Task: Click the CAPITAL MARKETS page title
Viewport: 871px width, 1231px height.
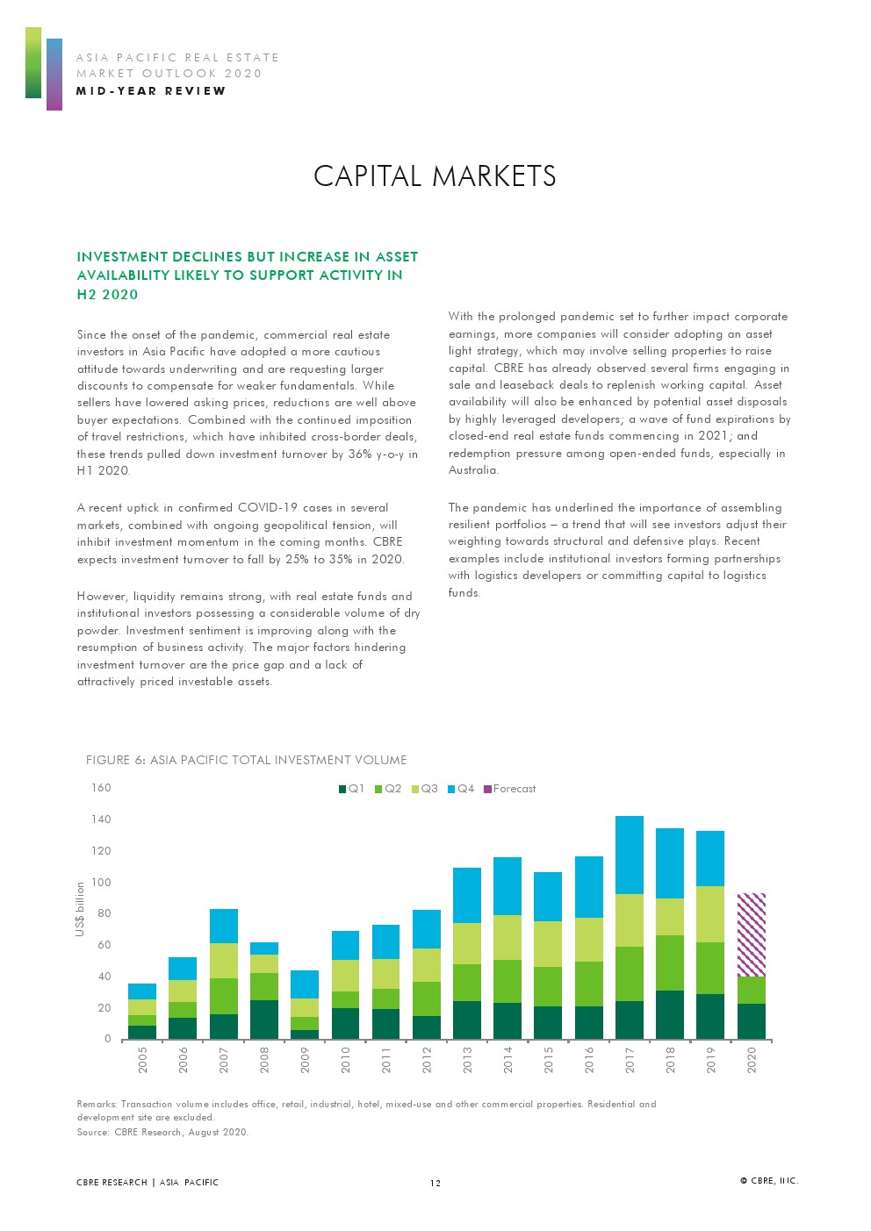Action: pos(435,176)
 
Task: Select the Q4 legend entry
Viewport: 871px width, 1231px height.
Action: pos(461,789)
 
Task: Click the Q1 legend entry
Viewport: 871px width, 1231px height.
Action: pos(352,789)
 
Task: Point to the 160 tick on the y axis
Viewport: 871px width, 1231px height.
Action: pos(102,788)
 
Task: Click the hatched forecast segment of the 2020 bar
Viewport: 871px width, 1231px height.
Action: pos(751,934)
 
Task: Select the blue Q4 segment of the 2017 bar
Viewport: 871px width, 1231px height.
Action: pos(629,855)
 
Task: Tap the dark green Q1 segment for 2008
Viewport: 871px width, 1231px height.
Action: pos(264,1020)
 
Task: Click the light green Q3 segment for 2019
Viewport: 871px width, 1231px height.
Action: pos(709,913)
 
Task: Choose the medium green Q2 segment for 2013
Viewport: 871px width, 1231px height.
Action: pos(466,983)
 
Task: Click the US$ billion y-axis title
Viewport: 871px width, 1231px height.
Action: pos(80,909)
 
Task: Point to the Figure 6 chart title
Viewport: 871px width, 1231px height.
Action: pos(246,760)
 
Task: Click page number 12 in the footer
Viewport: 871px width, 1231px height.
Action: pos(435,1183)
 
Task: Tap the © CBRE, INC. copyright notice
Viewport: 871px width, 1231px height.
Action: pos(769,1181)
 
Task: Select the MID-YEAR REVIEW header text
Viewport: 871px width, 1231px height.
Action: pos(151,91)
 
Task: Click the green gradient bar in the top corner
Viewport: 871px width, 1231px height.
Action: pos(32,62)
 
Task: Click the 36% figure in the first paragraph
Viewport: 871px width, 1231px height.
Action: pos(363,454)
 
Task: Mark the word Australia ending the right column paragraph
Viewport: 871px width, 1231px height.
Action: pos(472,470)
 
